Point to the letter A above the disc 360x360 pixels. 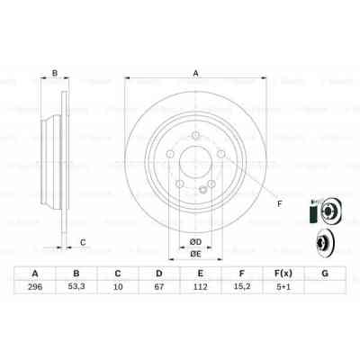click(x=194, y=74)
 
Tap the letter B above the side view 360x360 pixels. click(x=55, y=74)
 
